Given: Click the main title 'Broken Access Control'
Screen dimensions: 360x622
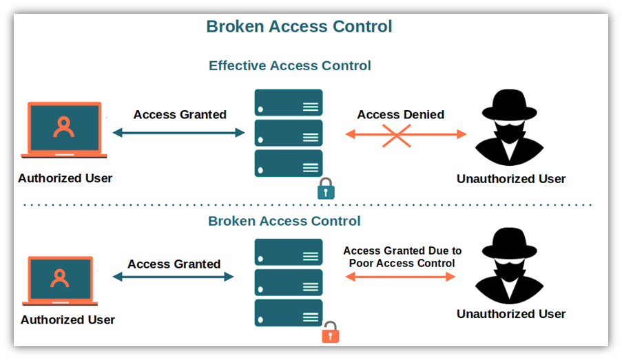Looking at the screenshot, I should (299, 27).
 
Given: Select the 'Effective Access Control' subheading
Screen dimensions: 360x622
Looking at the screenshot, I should (289, 66).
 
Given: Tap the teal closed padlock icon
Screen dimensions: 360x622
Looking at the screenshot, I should (326, 189).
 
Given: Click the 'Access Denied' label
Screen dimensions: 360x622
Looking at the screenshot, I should (400, 114).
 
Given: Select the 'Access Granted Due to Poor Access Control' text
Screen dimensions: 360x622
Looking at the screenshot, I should (402, 257).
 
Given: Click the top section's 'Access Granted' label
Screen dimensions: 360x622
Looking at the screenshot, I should (180, 114).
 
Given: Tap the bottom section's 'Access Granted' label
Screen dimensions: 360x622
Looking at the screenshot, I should (174, 264).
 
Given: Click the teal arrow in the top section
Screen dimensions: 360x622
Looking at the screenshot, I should (179, 133).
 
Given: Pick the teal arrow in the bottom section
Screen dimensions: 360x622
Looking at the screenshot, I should (174, 277).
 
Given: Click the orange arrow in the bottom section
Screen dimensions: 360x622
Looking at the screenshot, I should (400, 277).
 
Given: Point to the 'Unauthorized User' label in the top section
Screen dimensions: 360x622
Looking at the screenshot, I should (510, 179).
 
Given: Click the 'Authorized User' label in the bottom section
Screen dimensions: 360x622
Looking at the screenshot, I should (68, 320).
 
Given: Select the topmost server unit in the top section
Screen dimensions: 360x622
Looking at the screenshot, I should (289, 103).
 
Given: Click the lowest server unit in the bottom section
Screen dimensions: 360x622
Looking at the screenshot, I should (289, 313).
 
